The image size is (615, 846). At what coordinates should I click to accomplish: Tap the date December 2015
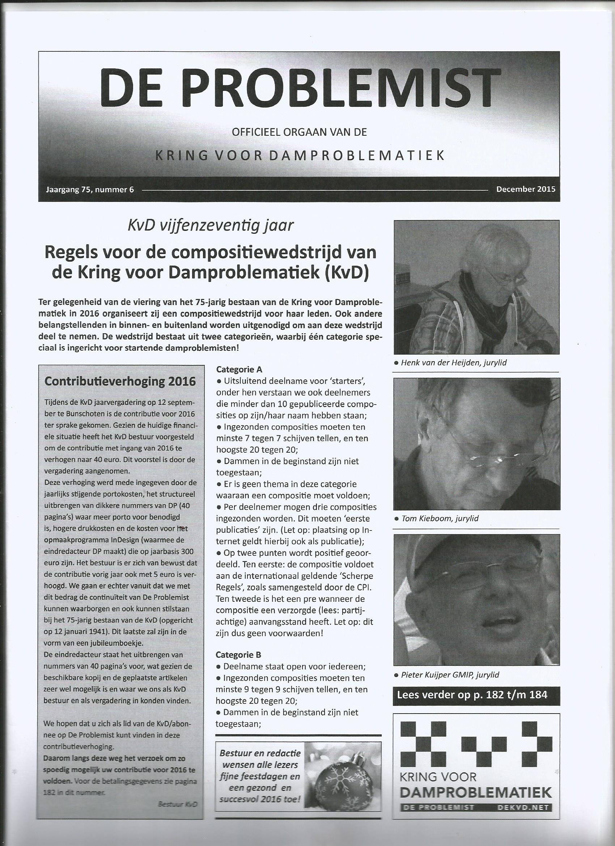(526, 189)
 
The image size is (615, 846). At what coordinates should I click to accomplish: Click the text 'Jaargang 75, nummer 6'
(89, 190)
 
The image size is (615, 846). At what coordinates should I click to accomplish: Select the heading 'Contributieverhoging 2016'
(120, 381)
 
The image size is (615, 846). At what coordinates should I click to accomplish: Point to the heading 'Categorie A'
(239, 369)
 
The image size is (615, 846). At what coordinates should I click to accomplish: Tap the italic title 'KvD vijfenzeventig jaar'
(210, 225)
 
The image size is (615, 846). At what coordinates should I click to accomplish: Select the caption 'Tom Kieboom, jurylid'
(440, 518)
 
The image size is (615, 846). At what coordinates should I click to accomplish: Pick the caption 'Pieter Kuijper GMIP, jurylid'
(450, 674)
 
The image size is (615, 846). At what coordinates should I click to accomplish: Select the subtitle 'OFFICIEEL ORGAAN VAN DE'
(299, 132)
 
